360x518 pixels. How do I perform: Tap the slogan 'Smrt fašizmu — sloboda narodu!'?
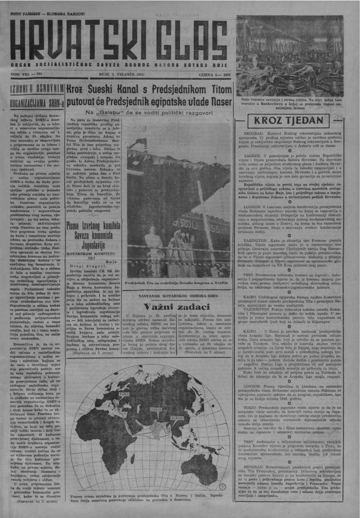(x=42, y=13)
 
